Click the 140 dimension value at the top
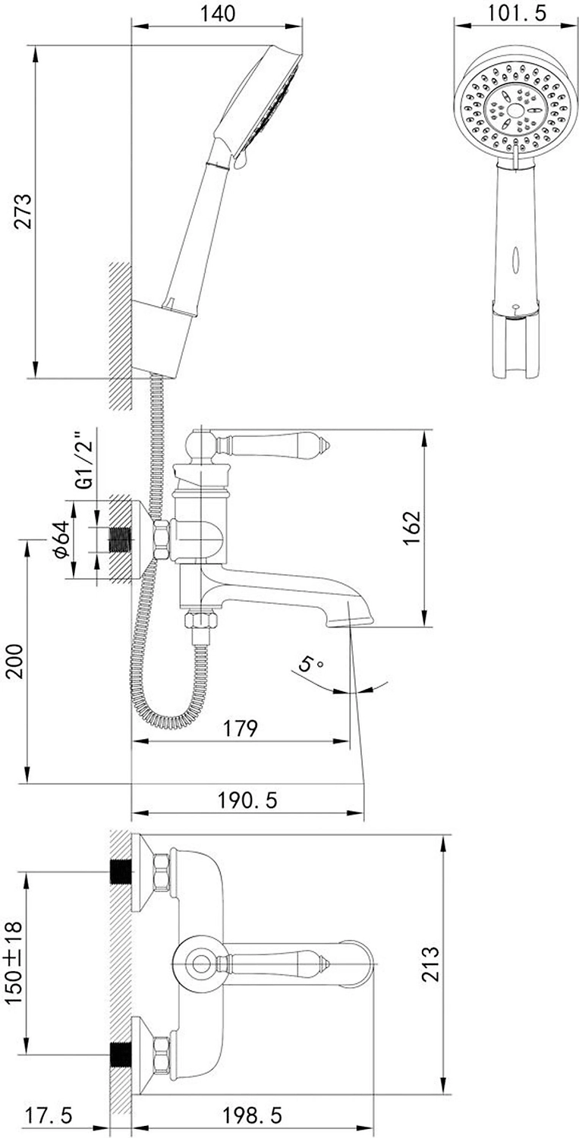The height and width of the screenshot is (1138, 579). tap(217, 14)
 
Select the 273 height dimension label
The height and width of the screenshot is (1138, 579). tap(23, 212)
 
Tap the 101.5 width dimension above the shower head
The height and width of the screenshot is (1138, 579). tap(517, 13)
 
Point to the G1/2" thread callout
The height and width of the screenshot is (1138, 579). tap(84, 461)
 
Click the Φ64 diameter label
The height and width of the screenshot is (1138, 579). tap(61, 539)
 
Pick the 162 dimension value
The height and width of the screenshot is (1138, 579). tap(412, 528)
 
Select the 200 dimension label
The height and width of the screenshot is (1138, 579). tap(14, 661)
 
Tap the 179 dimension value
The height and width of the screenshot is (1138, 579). tap(241, 728)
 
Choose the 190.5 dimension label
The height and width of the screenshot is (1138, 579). tap(247, 800)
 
